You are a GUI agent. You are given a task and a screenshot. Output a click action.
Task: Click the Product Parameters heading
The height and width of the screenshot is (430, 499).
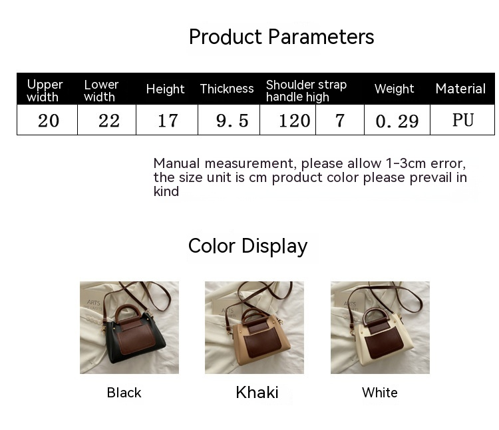click(281, 37)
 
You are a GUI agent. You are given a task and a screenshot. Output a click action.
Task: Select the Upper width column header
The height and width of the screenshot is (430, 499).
click(45, 90)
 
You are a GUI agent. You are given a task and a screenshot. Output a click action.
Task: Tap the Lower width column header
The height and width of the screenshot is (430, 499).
click(101, 90)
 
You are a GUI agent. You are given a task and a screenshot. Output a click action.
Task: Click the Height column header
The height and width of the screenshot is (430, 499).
click(165, 89)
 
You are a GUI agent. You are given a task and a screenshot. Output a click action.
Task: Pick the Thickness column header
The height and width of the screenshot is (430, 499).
click(227, 89)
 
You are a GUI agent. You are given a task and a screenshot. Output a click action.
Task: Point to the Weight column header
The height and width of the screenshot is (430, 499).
click(394, 89)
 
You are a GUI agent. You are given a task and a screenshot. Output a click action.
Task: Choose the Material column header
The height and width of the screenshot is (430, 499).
click(460, 89)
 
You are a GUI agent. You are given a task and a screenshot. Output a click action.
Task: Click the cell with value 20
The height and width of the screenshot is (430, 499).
click(48, 121)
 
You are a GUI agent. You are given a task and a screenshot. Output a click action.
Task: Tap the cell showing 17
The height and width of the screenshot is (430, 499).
click(168, 121)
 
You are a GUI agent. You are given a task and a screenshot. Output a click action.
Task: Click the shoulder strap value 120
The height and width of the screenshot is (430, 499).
click(295, 121)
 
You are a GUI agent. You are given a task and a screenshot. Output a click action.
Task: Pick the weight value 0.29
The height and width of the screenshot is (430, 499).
click(397, 121)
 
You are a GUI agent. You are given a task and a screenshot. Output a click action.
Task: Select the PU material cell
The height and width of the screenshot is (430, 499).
click(462, 120)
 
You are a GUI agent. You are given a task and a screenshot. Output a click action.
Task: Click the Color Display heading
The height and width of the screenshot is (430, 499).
click(248, 246)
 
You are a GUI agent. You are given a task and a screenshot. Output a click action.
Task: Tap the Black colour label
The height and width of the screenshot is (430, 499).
click(124, 393)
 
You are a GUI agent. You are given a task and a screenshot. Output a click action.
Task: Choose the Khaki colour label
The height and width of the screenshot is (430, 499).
click(257, 393)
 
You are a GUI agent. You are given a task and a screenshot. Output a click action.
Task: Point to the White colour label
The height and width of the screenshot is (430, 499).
click(379, 393)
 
